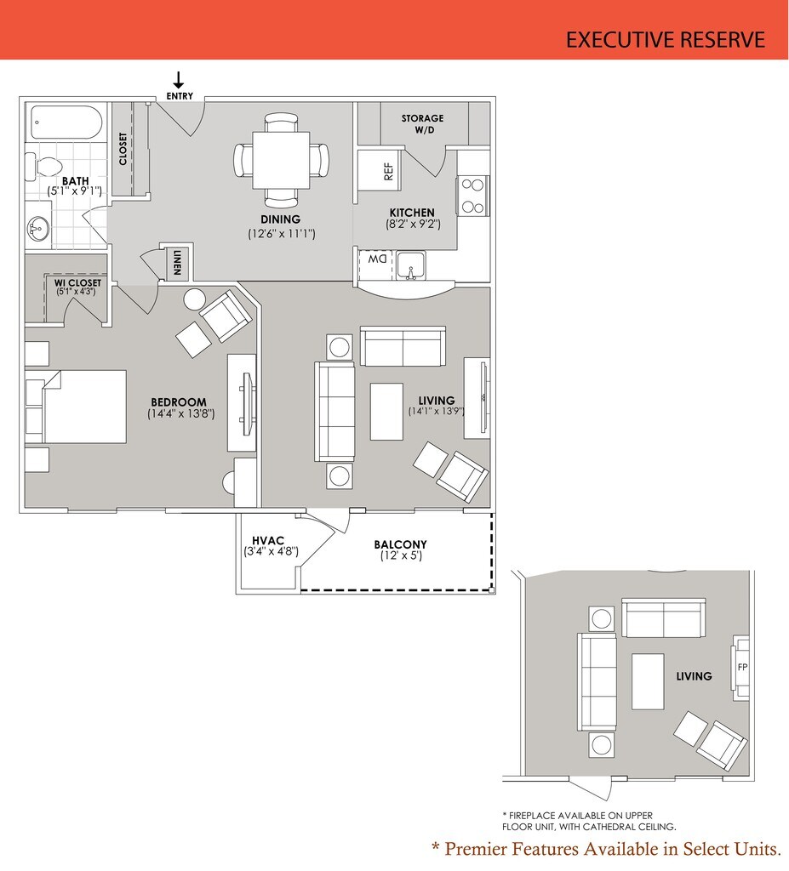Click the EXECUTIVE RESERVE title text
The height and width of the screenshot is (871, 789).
point(666,39)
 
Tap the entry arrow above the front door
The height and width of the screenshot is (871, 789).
point(179,81)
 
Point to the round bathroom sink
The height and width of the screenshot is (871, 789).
point(38,228)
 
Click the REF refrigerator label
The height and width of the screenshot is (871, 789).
point(389,171)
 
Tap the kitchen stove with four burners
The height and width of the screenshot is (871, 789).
point(472,195)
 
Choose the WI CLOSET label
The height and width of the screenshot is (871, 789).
point(77,282)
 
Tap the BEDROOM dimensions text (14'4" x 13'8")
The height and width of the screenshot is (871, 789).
point(180,414)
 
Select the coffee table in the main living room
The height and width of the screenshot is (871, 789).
point(386,411)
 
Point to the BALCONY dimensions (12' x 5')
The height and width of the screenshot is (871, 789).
point(401,556)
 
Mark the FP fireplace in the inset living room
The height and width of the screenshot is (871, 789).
point(742,667)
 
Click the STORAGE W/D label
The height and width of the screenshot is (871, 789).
point(423,124)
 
